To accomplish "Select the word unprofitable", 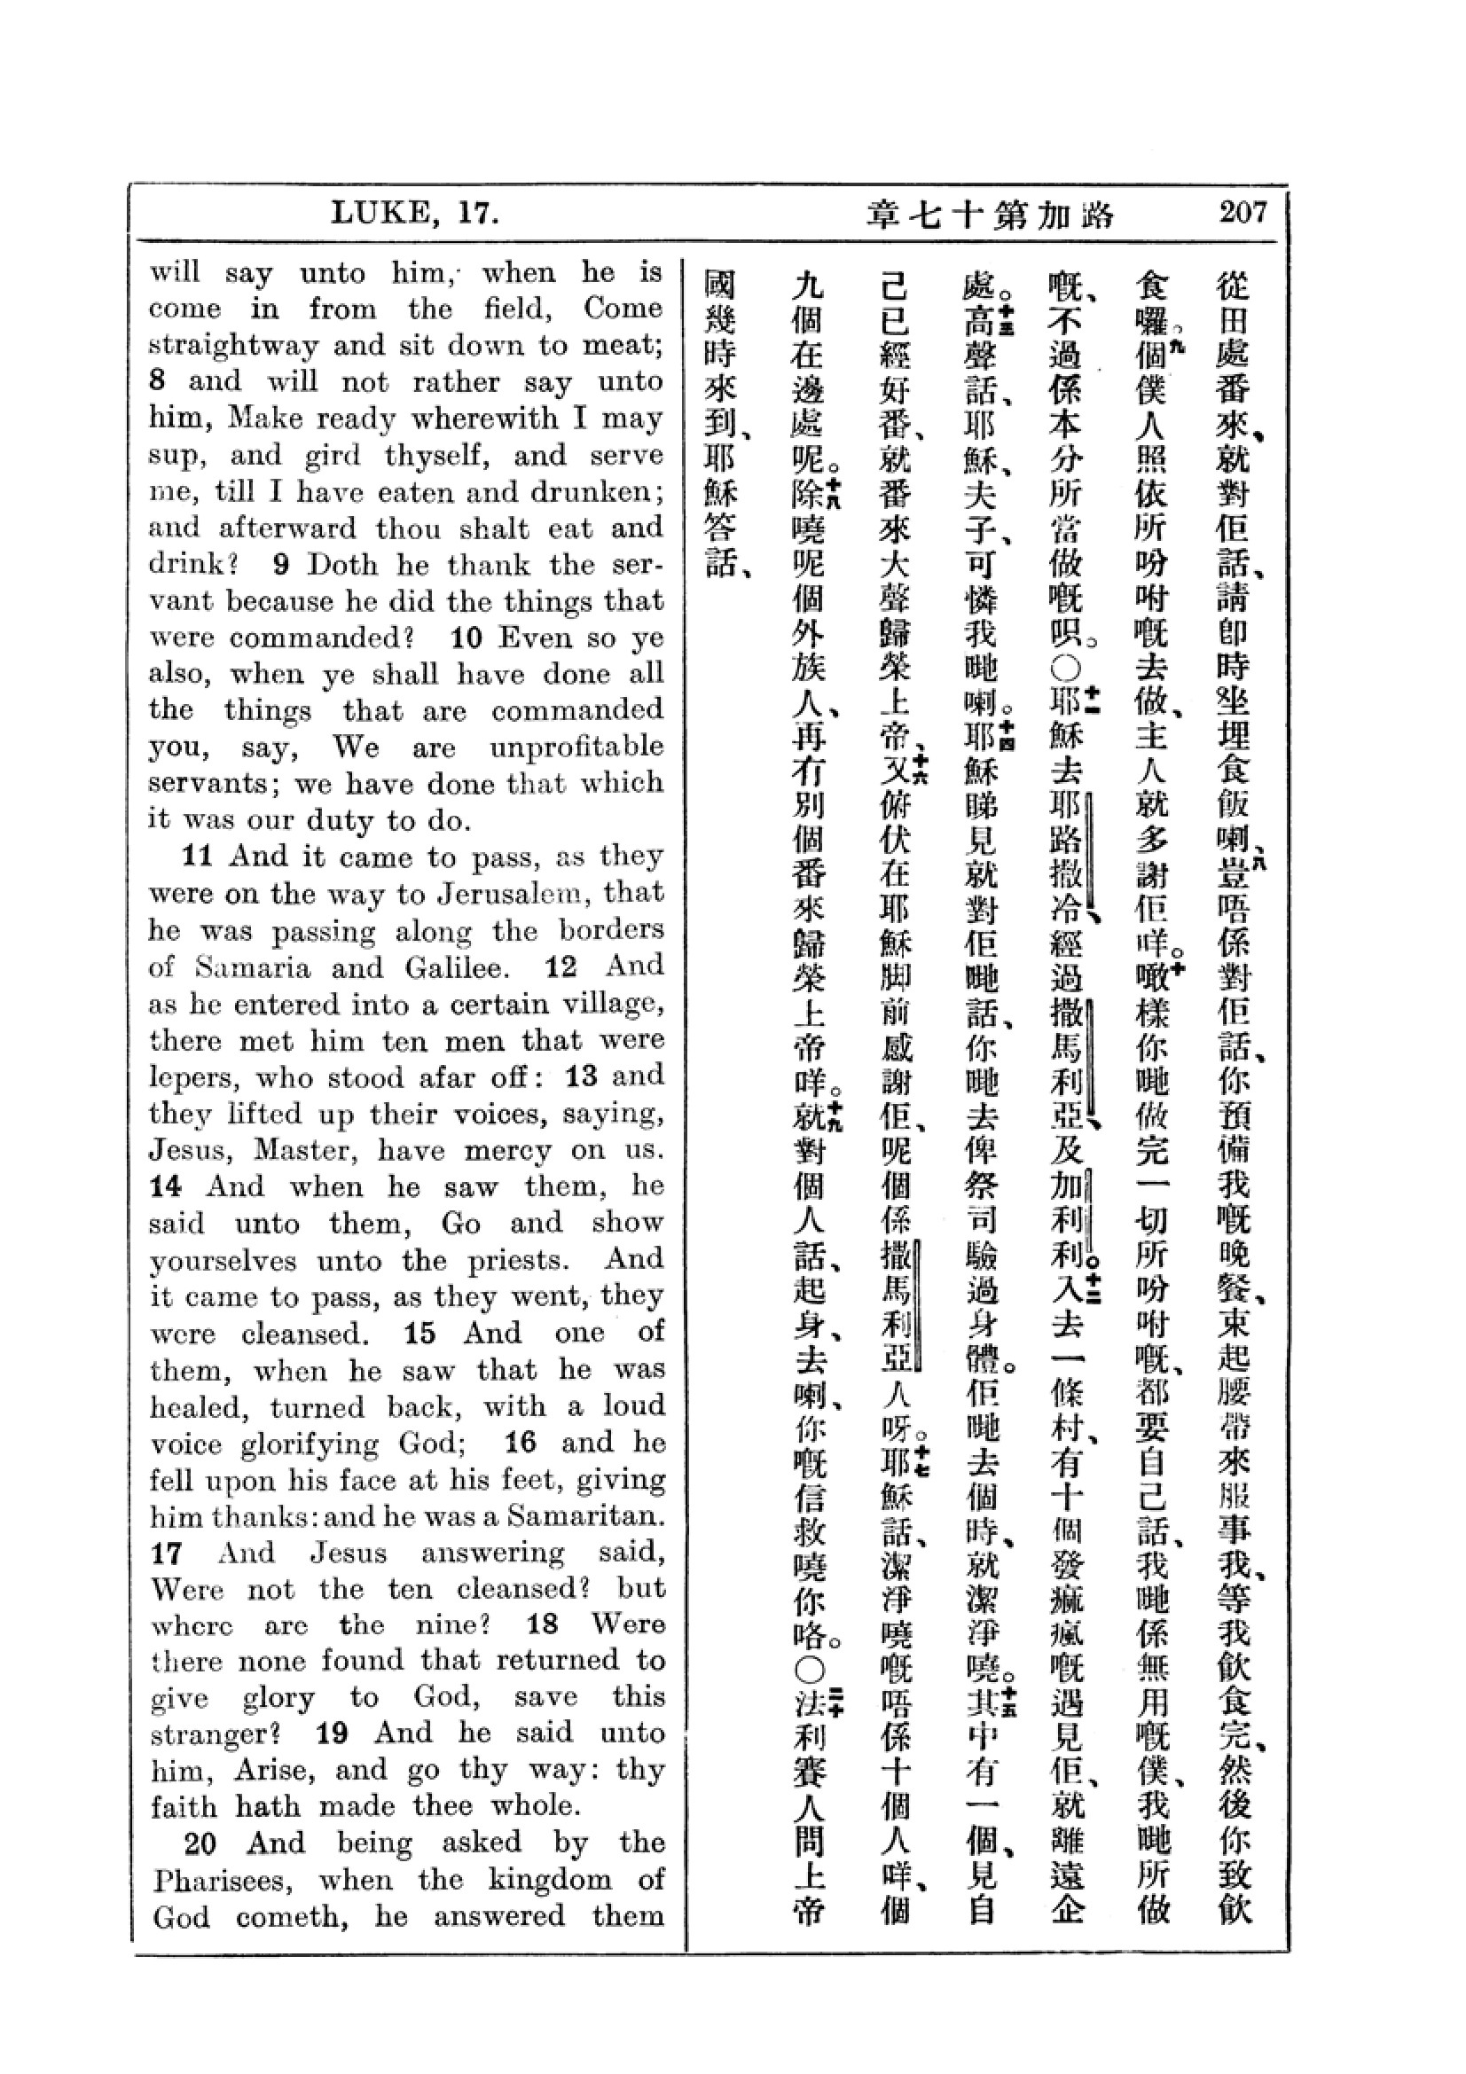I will [x=576, y=747].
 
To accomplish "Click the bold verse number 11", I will [x=197, y=856].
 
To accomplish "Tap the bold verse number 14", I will [x=166, y=1186].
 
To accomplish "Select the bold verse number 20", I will [x=200, y=1843].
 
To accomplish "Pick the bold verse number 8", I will [x=158, y=381].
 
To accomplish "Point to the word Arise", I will [x=267, y=1770].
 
